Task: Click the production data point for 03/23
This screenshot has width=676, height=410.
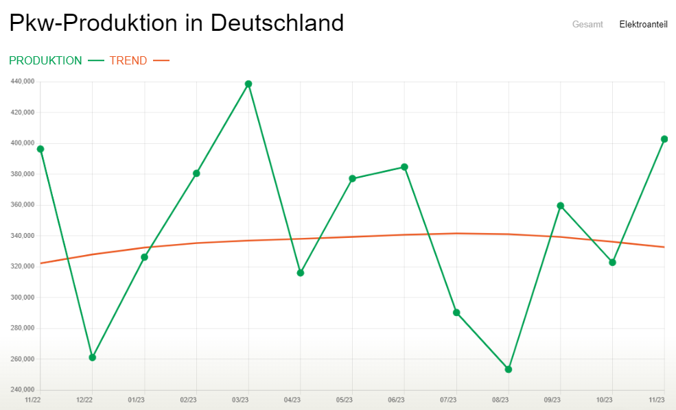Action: (x=248, y=84)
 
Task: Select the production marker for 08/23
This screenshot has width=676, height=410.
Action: (x=509, y=370)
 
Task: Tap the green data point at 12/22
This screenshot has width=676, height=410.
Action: (x=93, y=357)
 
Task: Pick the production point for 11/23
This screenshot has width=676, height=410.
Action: (x=664, y=139)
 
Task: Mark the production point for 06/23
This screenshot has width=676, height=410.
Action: (x=404, y=167)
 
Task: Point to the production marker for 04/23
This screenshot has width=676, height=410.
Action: (x=301, y=273)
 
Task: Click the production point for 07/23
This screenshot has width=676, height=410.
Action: (x=456, y=313)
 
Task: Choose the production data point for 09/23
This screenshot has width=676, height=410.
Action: (x=561, y=206)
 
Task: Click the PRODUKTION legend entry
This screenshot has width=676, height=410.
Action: (x=45, y=60)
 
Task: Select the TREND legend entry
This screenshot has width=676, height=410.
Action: (x=128, y=60)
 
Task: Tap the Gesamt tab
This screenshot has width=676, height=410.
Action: (x=587, y=24)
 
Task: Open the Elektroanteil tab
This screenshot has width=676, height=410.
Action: (x=643, y=24)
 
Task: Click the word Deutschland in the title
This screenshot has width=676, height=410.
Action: (x=277, y=23)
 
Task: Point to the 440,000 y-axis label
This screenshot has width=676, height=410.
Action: (x=23, y=82)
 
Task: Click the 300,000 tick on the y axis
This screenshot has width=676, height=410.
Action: (x=23, y=298)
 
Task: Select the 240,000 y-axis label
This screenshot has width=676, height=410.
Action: (x=23, y=390)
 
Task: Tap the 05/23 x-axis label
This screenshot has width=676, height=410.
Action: (x=345, y=400)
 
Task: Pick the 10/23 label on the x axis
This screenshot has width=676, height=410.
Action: (x=605, y=400)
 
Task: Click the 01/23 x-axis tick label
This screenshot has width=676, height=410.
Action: (x=137, y=400)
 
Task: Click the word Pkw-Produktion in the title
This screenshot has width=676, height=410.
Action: (x=93, y=23)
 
